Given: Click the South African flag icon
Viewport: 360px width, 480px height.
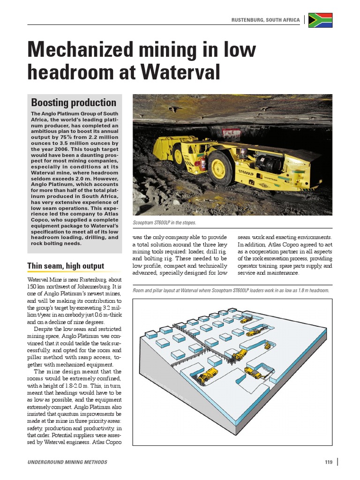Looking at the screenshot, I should click(x=320, y=20).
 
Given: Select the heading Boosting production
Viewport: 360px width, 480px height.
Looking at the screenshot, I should click(x=74, y=103).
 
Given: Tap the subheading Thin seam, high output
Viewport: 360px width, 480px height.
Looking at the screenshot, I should click(x=66, y=266).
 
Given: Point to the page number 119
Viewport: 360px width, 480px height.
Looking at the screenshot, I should click(x=328, y=462).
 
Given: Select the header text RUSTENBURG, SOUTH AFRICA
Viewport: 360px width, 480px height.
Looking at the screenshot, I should click(x=265, y=21).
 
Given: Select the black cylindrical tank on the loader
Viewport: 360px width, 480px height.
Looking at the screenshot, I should click(x=269, y=164).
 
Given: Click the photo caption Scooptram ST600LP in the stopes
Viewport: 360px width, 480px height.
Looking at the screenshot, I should click(x=165, y=223).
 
